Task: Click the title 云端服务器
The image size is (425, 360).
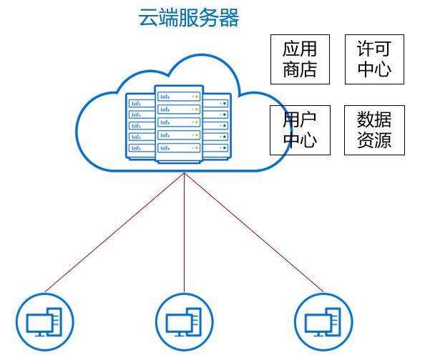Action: [189, 18]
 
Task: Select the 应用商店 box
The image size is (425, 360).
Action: [300, 59]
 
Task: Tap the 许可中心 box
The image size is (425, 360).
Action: [374, 59]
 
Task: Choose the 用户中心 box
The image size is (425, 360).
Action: [300, 130]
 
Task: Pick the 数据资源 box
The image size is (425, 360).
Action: [374, 130]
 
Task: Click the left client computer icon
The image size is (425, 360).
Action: [45, 322]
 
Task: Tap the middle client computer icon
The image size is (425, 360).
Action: [185, 322]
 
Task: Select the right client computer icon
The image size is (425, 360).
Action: [323, 322]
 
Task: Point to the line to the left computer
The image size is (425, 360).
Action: [114, 233]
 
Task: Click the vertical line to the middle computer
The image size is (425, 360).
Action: [185, 233]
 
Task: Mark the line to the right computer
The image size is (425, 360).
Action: [254, 233]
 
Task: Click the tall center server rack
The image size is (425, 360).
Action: [179, 124]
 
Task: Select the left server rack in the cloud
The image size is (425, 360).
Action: [140, 126]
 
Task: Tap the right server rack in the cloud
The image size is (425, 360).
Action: [217, 126]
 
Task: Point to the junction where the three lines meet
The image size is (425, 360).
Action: [185, 173]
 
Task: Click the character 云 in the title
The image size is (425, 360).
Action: [149, 18]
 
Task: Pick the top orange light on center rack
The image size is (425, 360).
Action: [197, 97]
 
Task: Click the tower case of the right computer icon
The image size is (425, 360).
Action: [336, 321]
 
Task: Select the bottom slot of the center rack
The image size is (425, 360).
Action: [179, 147]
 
